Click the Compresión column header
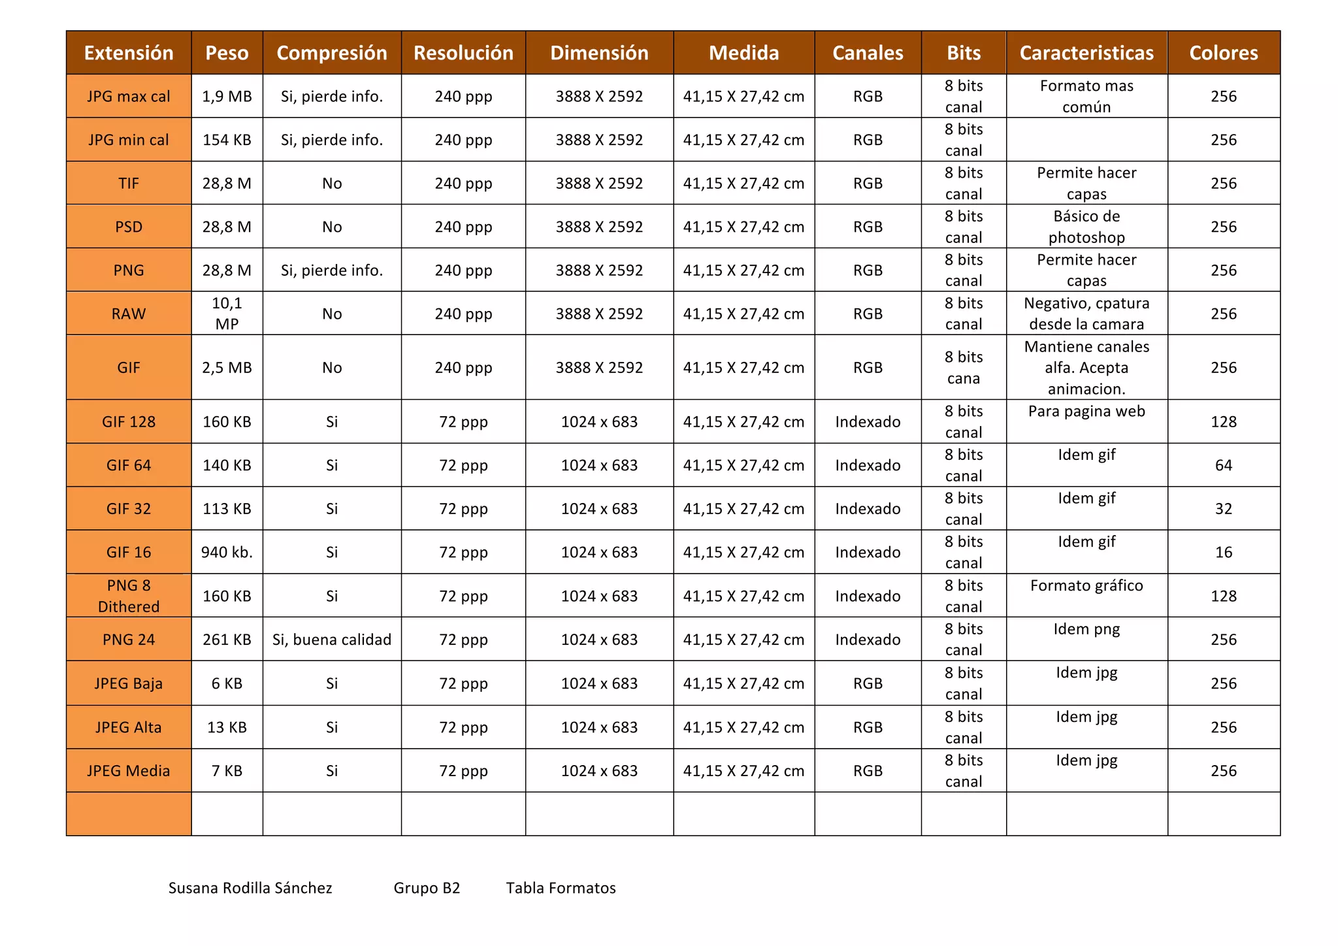click(x=332, y=53)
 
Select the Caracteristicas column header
click(x=1086, y=53)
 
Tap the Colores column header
click(x=1223, y=53)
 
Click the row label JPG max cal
click(x=129, y=97)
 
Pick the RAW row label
click(x=129, y=314)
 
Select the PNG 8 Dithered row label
click(x=129, y=596)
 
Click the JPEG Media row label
click(x=129, y=771)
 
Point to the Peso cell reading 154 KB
click(x=227, y=140)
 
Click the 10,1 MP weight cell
click(x=227, y=314)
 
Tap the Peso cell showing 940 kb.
click(x=227, y=553)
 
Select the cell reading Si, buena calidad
click(x=332, y=640)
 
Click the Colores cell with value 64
click(x=1223, y=465)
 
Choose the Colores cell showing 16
click(x=1223, y=553)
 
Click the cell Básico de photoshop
click(x=1086, y=227)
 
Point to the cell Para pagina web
click(x=1086, y=412)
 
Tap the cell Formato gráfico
click(x=1086, y=586)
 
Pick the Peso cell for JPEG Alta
click(x=227, y=727)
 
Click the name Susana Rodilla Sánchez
click(x=250, y=889)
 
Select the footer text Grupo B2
click(x=427, y=889)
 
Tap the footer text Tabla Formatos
click(x=561, y=889)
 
